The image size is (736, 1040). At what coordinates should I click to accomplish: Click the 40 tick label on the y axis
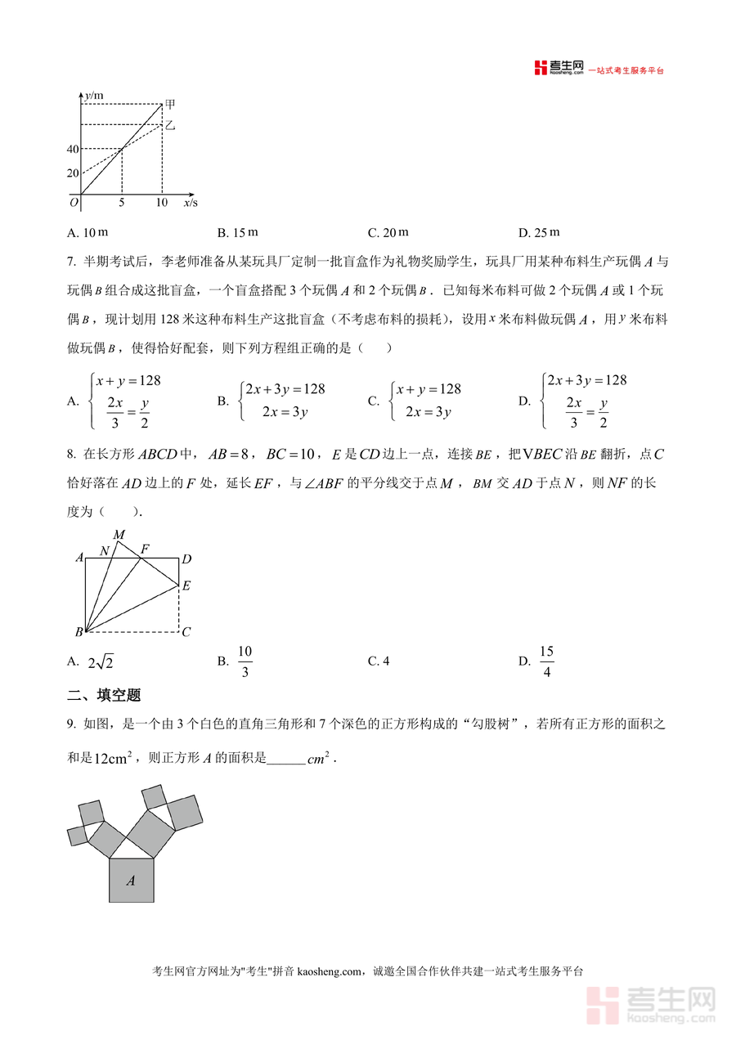coord(73,149)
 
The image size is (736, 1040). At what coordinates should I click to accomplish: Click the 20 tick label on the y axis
coord(73,173)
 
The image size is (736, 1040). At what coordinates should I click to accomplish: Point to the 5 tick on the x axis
coord(122,203)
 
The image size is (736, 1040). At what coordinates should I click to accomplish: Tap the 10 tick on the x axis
coord(162,203)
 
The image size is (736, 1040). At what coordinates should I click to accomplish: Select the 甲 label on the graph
coord(170,104)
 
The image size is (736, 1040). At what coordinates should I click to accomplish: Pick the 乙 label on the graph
coord(170,125)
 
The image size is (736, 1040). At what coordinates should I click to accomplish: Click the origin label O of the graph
coord(74,202)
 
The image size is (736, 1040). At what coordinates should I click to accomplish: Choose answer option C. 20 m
coord(388,233)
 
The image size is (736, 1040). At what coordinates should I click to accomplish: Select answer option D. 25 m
coord(539,233)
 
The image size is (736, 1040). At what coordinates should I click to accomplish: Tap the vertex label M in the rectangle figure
coord(119,535)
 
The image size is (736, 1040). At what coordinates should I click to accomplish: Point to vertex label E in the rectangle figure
coord(186,585)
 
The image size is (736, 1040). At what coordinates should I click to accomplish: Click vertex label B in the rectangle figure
coord(79,632)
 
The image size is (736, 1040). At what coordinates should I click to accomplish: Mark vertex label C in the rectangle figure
coord(186,632)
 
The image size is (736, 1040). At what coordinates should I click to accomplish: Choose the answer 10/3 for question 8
coord(245,661)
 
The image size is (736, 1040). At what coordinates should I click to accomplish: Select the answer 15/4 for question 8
coord(546,661)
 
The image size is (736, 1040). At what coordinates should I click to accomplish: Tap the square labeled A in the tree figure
coord(131,881)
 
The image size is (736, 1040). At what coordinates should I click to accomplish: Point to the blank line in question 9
coord(285,759)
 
